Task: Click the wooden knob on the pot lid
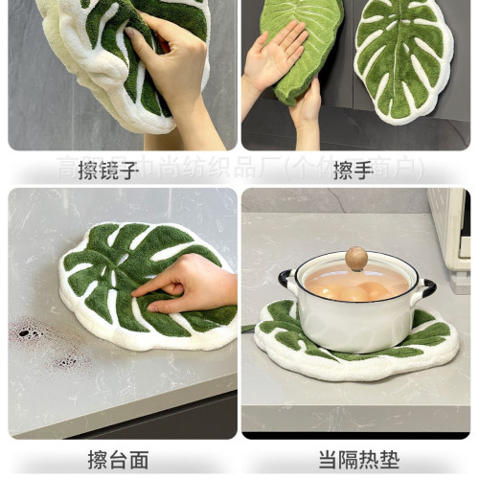356,258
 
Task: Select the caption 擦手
352,171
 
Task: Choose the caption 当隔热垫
357,459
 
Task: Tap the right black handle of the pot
428,286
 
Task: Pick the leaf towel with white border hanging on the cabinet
403,57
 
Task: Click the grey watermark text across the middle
239,169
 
